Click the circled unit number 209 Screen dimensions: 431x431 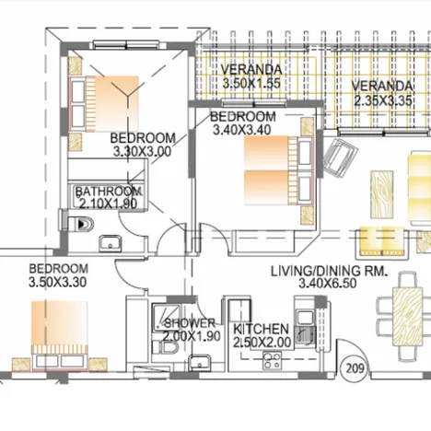[x=355, y=368]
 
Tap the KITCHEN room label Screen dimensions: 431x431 [x=261, y=329]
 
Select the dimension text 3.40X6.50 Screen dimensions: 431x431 [x=328, y=284]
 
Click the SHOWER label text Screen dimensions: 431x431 [x=191, y=323]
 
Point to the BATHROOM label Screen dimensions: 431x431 [x=109, y=192]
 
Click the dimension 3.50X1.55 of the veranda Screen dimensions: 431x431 [x=251, y=83]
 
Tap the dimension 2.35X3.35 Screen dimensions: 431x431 [x=383, y=100]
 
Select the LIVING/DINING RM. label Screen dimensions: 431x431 [x=329, y=271]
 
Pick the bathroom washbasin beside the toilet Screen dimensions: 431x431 [x=111, y=243]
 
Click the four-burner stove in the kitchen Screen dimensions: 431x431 [x=272, y=361]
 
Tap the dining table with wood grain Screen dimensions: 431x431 [x=408, y=317]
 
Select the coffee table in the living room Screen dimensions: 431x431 [x=382, y=194]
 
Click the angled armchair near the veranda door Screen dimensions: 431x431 [x=341, y=157]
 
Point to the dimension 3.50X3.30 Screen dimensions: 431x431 [x=57, y=283]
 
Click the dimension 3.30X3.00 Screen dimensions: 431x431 [x=142, y=152]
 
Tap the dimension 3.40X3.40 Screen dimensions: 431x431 [x=242, y=130]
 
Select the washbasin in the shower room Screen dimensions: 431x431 [x=199, y=363]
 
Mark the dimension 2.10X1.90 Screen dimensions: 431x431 [x=108, y=204]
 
